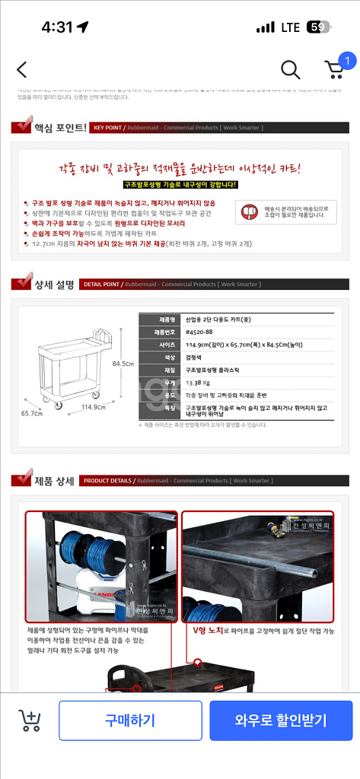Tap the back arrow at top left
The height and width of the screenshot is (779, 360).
[21, 70]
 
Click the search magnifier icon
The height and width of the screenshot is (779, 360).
[290, 70]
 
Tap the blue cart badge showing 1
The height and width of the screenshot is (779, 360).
[347, 60]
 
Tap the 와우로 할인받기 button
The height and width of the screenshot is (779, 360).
[281, 720]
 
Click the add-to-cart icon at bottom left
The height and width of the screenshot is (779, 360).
[29, 720]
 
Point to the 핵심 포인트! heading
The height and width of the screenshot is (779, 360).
[60, 127]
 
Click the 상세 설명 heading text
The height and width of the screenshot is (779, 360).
[53, 285]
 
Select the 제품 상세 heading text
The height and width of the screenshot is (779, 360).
[53, 481]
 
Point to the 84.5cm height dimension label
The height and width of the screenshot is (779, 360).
[123, 363]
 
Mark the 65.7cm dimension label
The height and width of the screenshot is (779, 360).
[31, 413]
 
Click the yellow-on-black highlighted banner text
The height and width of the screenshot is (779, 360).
[180, 185]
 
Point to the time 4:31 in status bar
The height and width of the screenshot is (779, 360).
[57, 27]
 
